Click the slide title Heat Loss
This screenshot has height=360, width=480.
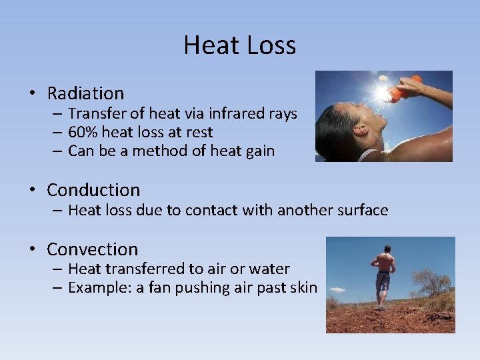coord(239,45)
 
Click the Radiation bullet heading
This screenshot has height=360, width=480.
coord(85,93)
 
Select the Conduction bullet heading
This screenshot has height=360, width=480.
coord(93,190)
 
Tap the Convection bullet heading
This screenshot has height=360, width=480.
coord(92,249)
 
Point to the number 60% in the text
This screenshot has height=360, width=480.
coord(82,132)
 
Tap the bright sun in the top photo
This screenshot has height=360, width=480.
coord(381,91)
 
